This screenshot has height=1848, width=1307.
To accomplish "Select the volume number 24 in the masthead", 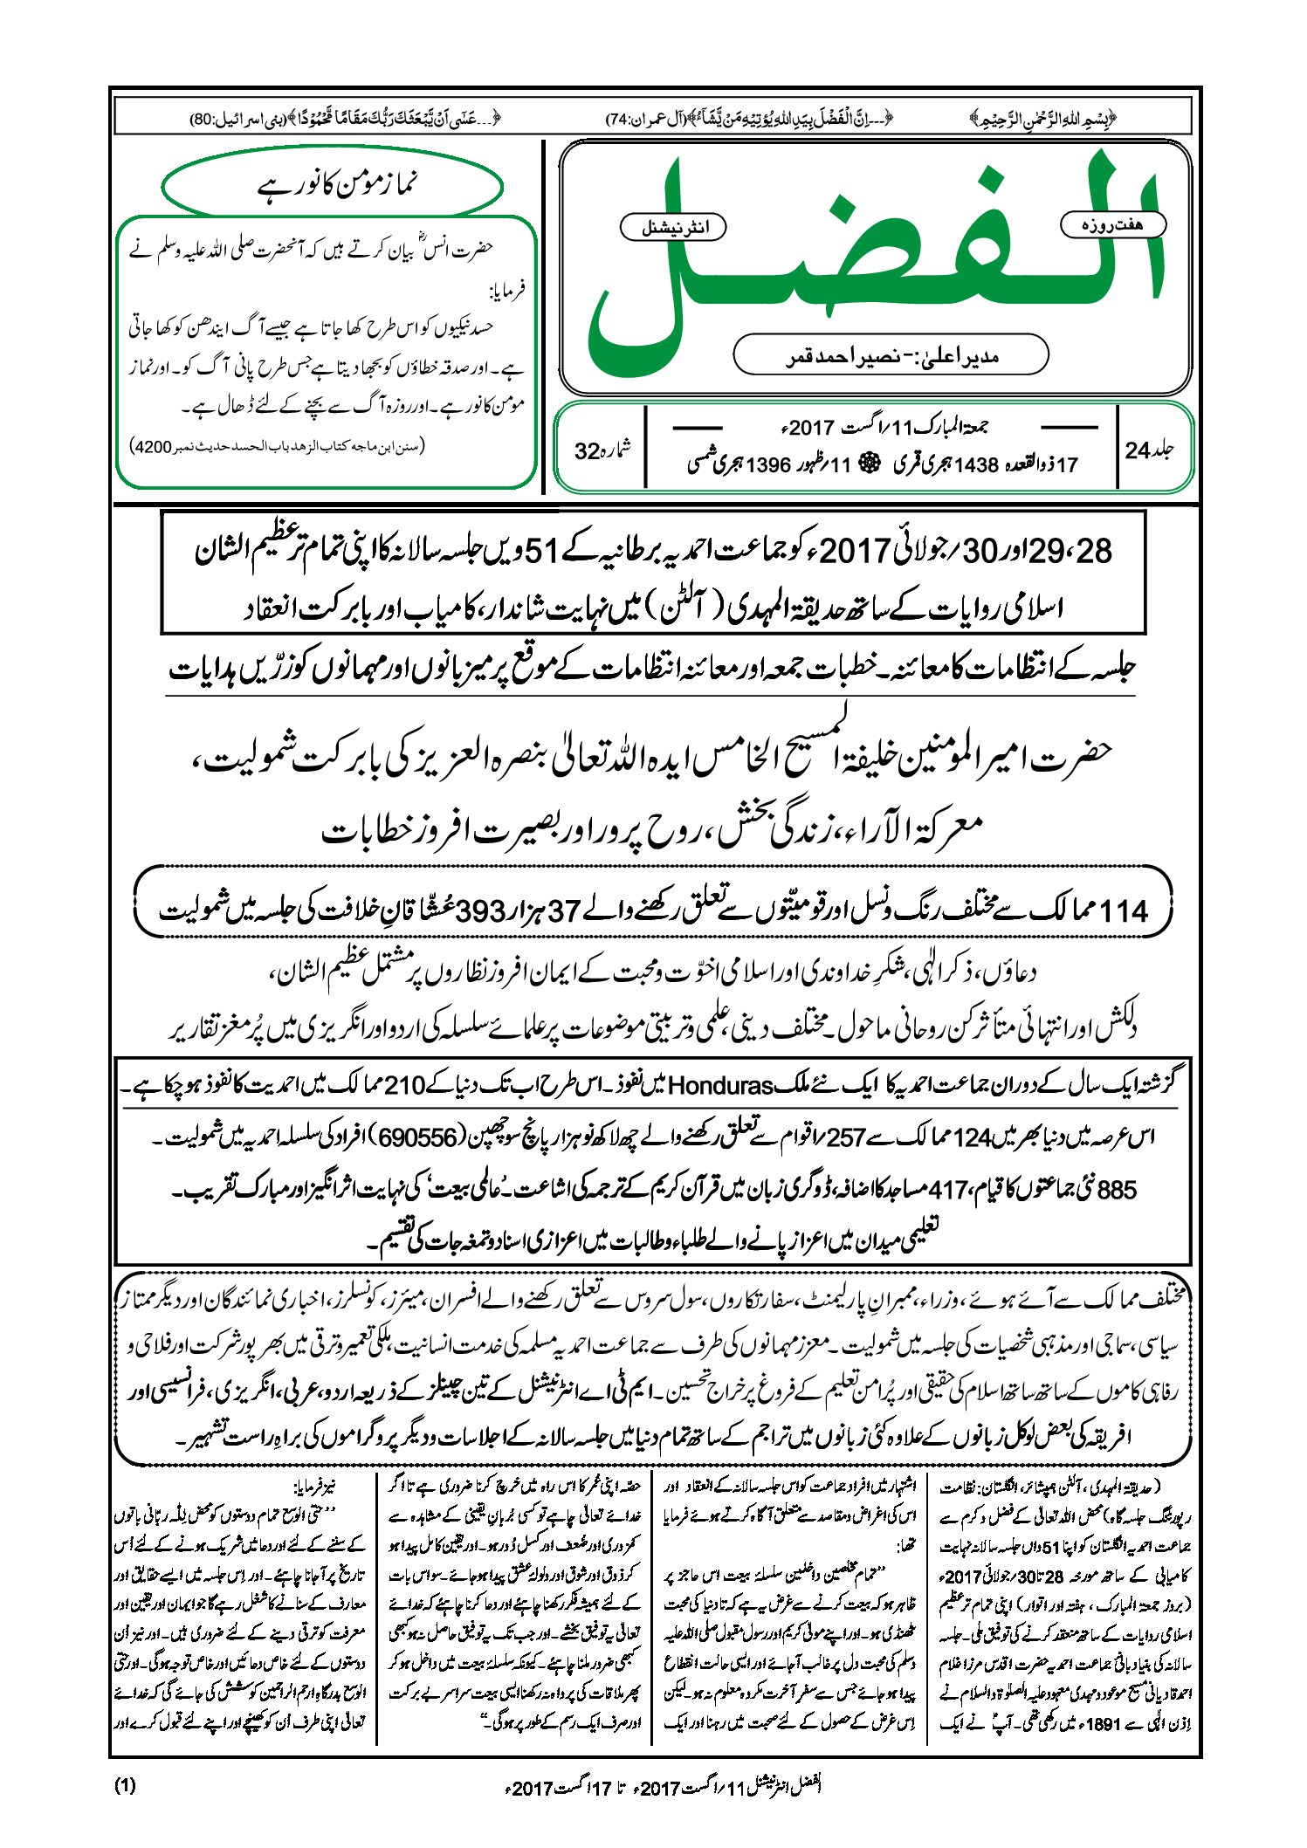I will pyautogui.click(x=1138, y=450).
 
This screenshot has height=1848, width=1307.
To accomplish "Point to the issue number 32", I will pyautogui.click(x=588, y=451).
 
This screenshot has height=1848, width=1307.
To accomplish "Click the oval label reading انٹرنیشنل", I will pyautogui.click(x=672, y=229).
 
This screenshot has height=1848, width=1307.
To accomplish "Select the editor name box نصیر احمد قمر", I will pyautogui.click(x=891, y=355).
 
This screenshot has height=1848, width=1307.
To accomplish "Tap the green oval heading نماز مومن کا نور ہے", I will pyautogui.click(x=333, y=186).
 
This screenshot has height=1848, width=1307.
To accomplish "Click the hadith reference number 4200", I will pyautogui.click(x=150, y=447).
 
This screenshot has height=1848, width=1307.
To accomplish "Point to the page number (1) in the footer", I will pyautogui.click(x=125, y=1786).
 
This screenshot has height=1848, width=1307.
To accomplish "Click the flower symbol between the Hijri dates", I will pyautogui.click(x=869, y=464).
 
